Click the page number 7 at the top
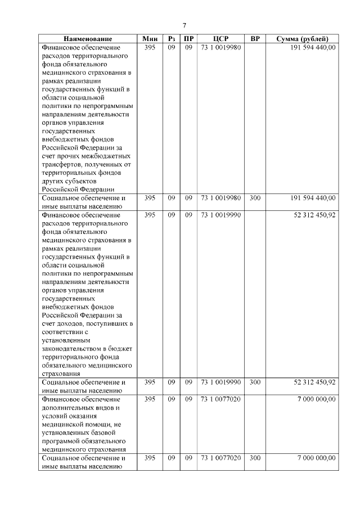coord(184,25)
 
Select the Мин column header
coord(150,39)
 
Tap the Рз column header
coord(172,39)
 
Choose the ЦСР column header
coord(221,39)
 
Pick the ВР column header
coord(255,39)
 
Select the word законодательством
coord(71,348)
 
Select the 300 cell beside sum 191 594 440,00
coord(255,198)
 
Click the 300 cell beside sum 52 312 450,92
coord(255,382)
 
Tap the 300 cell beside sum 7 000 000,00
coord(255,458)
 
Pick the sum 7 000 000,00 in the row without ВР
coord(317,399)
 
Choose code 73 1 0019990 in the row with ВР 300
coord(221,382)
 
